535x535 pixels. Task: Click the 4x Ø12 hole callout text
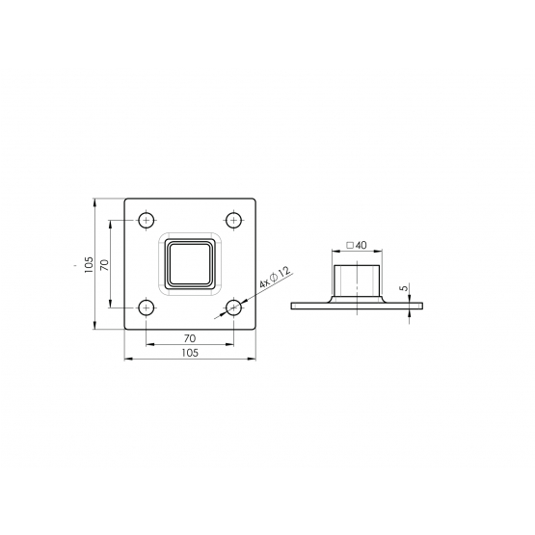coord(275,278)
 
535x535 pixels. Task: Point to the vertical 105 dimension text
coord(89,264)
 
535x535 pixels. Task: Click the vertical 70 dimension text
coord(105,265)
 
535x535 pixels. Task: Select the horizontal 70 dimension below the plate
coord(190,338)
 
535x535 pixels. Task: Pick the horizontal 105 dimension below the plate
coord(190,353)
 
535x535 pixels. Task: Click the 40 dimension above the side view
coord(361,245)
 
